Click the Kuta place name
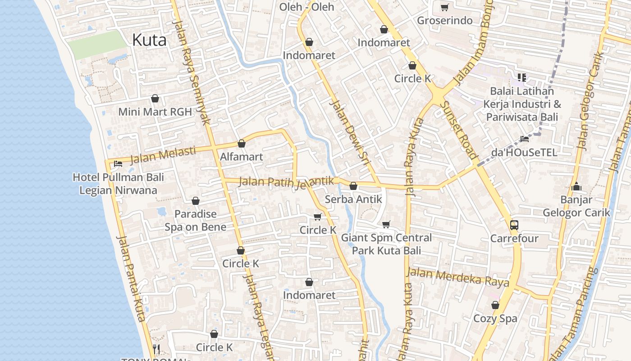149,40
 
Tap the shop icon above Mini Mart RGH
155,98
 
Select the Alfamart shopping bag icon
242,144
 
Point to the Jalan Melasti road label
163,154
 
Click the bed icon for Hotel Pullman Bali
118,164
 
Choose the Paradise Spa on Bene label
195,220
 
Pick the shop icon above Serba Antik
353,186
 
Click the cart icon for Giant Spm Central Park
386,224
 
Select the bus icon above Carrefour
514,225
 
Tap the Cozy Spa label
495,319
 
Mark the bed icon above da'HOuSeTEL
524,139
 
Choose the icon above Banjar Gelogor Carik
576,186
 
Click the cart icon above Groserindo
444,7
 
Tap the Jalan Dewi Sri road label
350,129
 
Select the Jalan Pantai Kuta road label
131,278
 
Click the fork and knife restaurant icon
156,349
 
